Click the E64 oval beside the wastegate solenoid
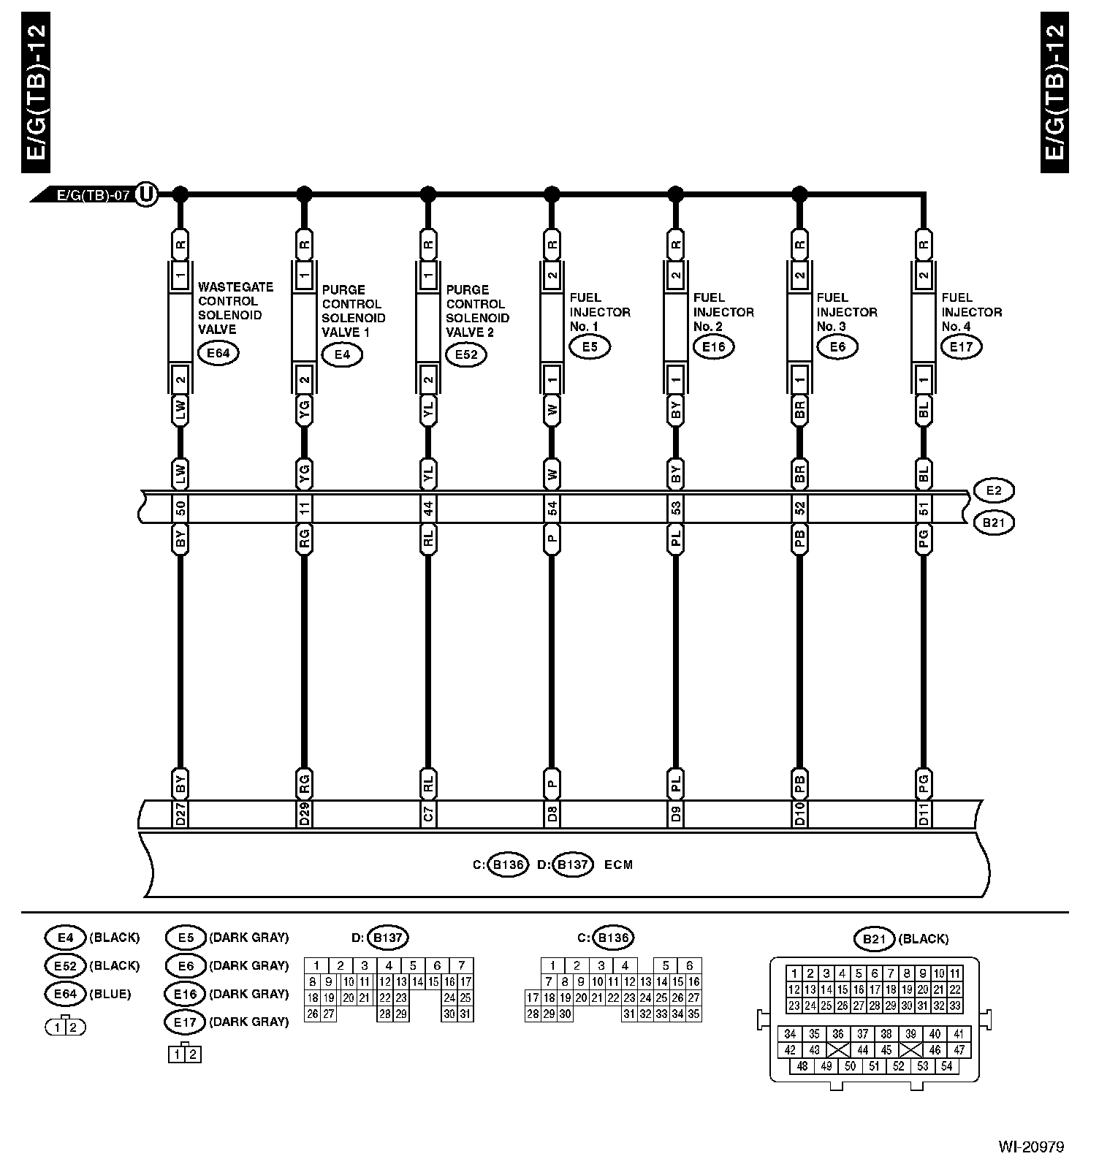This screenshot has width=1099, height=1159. [x=218, y=354]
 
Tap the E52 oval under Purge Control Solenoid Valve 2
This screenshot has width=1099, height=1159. [x=466, y=355]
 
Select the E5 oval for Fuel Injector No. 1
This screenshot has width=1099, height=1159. [x=590, y=346]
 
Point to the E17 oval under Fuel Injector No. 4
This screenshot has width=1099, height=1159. [x=962, y=346]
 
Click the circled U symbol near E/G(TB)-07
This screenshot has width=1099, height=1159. [x=147, y=194]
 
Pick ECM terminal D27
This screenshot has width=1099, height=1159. [x=180, y=814]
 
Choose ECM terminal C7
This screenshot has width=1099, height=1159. [x=428, y=814]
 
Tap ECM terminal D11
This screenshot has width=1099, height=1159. [x=924, y=814]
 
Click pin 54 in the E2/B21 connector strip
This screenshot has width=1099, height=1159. [x=552, y=508]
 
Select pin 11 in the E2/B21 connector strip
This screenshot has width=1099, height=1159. [x=305, y=508]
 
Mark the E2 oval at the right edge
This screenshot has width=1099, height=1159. [x=994, y=491]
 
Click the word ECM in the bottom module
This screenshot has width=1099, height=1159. [x=618, y=865]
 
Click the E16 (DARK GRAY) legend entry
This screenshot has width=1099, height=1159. [x=227, y=994]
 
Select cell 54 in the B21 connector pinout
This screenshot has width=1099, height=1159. [x=947, y=1066]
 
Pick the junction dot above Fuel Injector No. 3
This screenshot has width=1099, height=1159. [x=800, y=194]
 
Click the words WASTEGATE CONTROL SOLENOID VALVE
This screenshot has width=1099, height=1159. [x=235, y=308]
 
